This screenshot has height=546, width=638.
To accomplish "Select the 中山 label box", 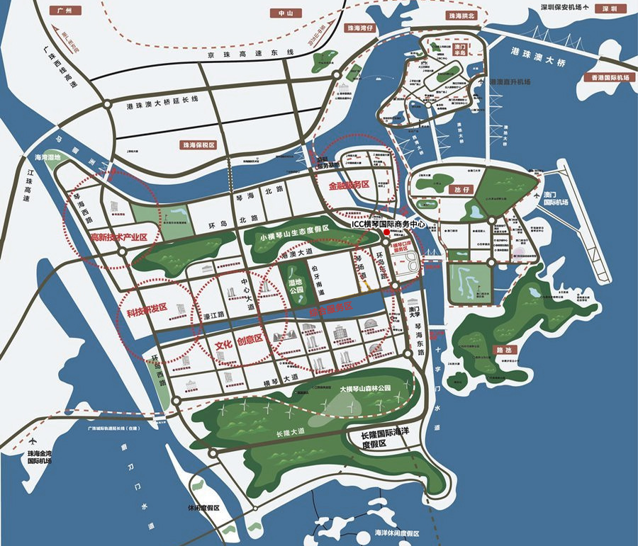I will pyautogui.click(x=285, y=13).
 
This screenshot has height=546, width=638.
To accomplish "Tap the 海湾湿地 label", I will pyautogui.click(x=47, y=157).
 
